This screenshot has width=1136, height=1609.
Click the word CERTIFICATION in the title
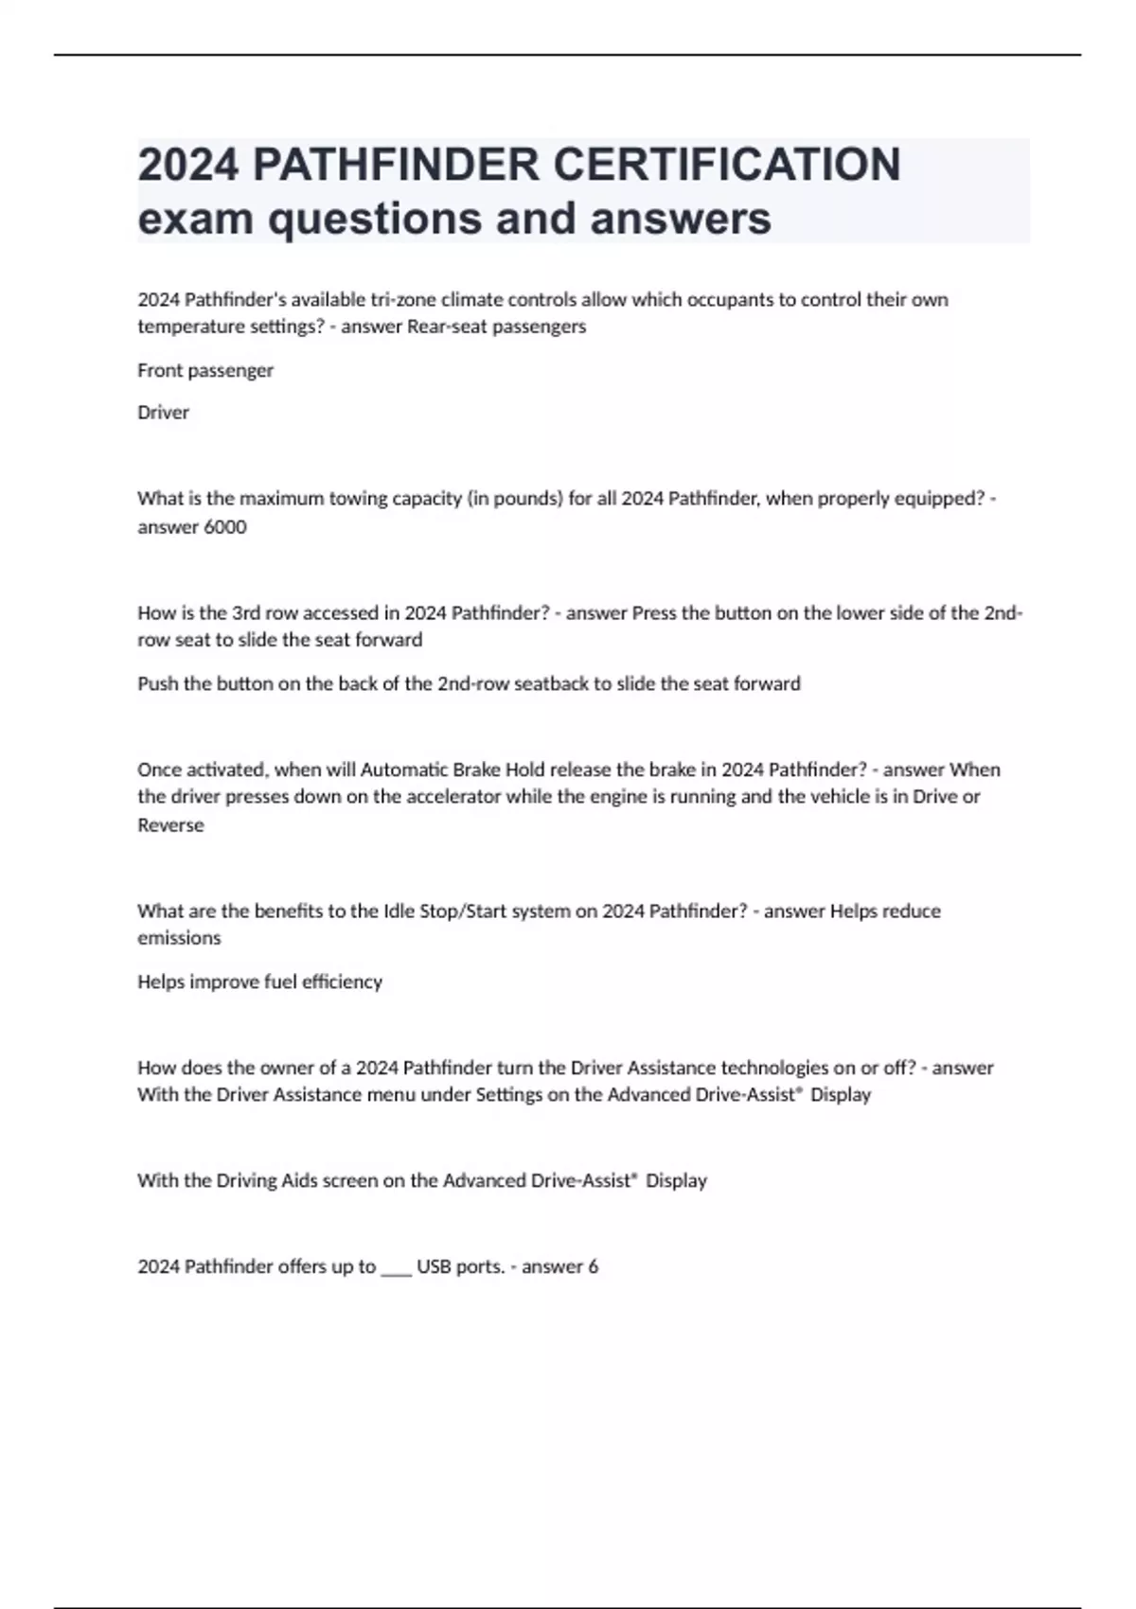coord(726,165)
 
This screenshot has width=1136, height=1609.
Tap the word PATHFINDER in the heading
coord(396,165)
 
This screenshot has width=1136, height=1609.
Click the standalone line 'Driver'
coord(163,413)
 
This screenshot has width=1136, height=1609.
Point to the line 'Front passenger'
coord(205,370)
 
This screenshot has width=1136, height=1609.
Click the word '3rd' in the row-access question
coord(246,613)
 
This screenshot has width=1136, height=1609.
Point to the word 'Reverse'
coord(170,825)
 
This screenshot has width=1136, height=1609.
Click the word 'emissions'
coord(179,938)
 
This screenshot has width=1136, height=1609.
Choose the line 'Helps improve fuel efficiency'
coord(259,982)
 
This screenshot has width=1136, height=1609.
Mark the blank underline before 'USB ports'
coord(396,1268)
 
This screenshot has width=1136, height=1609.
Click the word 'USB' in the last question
coord(434,1267)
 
